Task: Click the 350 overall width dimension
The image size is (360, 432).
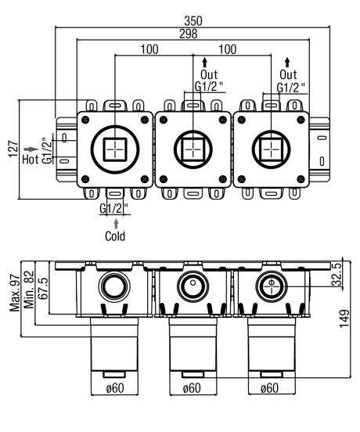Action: click(x=193, y=21)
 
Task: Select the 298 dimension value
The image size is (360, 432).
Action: click(x=189, y=34)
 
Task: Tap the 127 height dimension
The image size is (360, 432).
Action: click(x=13, y=149)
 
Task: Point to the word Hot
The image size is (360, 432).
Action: click(x=31, y=159)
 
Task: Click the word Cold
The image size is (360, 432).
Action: click(x=115, y=236)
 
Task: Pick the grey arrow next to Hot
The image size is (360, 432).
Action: click(x=31, y=149)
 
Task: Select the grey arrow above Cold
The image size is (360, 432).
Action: click(x=117, y=224)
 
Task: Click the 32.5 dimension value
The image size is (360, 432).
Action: click(x=337, y=274)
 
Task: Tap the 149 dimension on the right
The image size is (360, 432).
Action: click(x=344, y=319)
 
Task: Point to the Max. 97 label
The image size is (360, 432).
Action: click(x=15, y=293)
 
